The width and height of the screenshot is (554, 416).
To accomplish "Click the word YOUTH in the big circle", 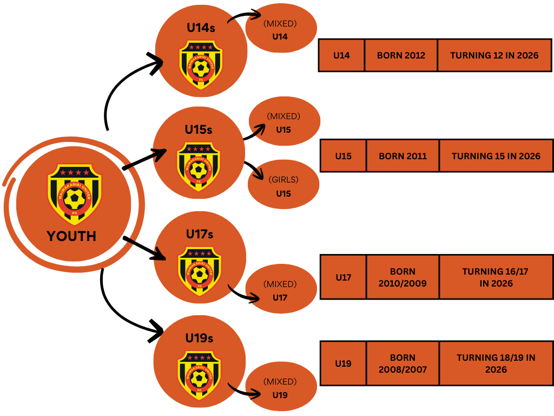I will pyautogui.click(x=71, y=236).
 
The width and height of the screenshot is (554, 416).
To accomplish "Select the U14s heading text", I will pyautogui.click(x=201, y=28).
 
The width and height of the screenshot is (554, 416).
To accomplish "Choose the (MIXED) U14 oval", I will pyautogui.click(x=280, y=30).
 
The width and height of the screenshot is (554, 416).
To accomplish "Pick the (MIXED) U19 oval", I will pyautogui.click(x=280, y=388).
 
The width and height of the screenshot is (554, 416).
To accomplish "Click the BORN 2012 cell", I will pyautogui.click(x=401, y=55).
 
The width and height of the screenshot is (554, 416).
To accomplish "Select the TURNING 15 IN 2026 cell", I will pyautogui.click(x=496, y=156).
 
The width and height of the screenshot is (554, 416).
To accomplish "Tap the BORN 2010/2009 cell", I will pyautogui.click(x=403, y=277).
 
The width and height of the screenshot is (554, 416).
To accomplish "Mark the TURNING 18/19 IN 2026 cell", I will pyautogui.click(x=496, y=363).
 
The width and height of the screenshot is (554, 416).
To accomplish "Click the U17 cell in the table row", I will pyautogui.click(x=343, y=277).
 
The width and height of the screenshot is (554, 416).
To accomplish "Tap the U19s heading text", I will pyautogui.click(x=199, y=338).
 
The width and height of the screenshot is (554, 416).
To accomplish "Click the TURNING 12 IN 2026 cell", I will pyautogui.click(x=494, y=55).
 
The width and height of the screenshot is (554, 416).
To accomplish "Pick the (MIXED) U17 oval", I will pyautogui.click(x=280, y=291).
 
